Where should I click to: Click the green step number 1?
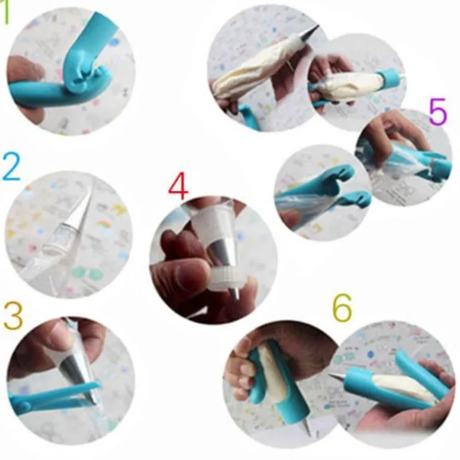[5, 13]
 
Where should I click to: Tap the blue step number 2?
[11, 167]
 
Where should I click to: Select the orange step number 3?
[14, 315]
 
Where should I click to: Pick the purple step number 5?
[438, 112]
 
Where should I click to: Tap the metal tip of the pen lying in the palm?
[338, 377]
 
